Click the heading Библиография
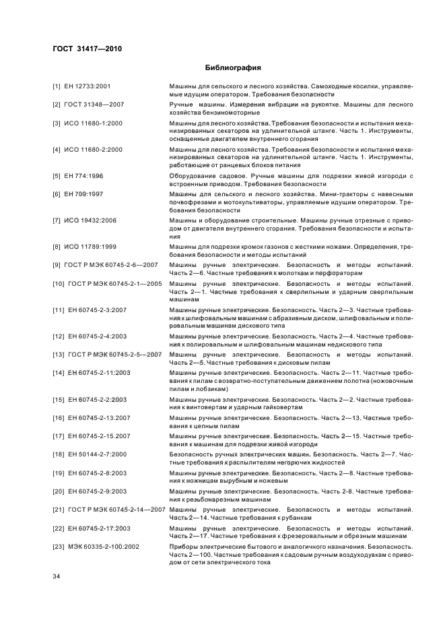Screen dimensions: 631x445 pos(232,68)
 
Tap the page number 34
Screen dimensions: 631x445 pos(57,577)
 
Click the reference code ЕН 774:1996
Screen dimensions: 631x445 pos(85,175)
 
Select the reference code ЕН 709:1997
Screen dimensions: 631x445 pos(85,193)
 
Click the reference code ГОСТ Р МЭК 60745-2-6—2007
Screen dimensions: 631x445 pos(111,265)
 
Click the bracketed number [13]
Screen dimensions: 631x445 pos(59,354)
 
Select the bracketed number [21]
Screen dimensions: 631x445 pos(59,510)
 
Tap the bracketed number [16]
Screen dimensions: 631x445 pos(59,418)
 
